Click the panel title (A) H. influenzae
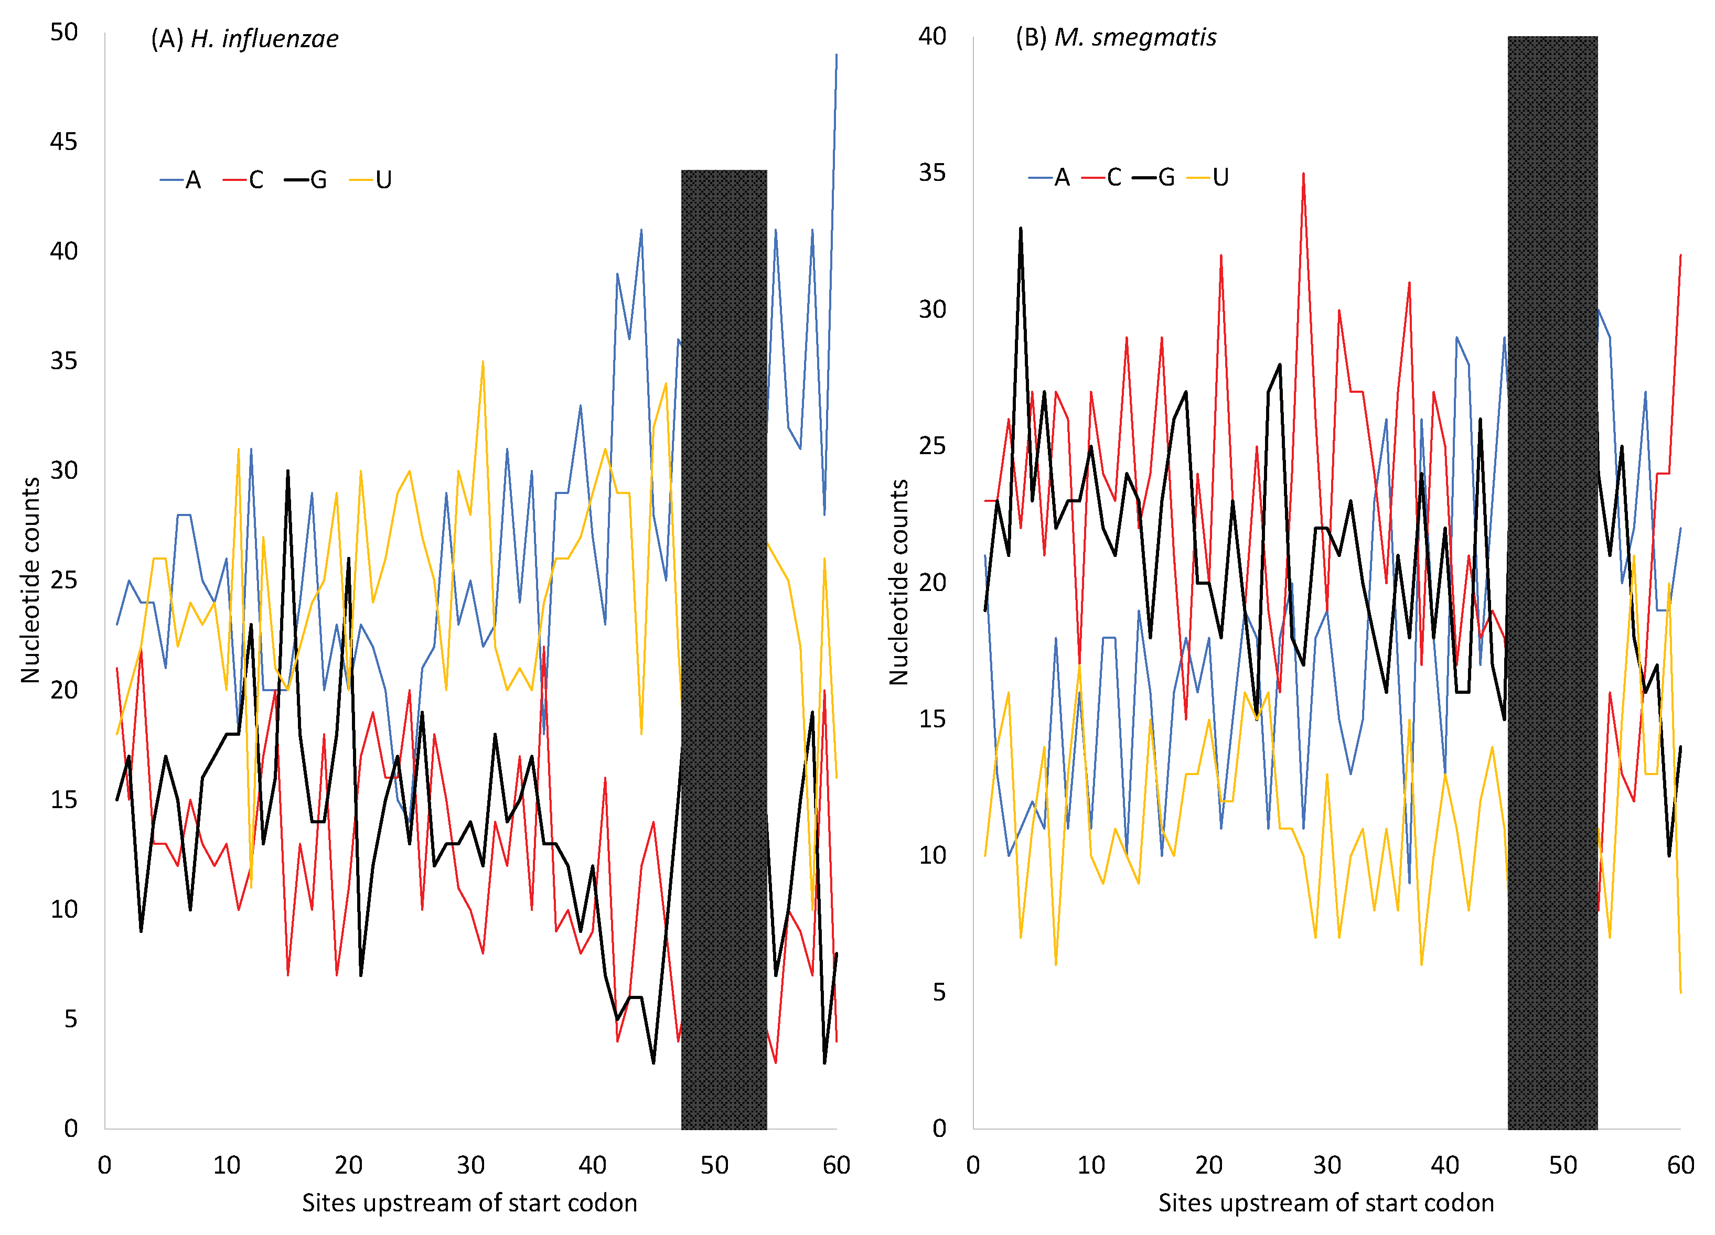(x=244, y=39)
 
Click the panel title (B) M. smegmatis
(x=1116, y=37)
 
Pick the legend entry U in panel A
(x=371, y=180)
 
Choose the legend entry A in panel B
(x=1049, y=178)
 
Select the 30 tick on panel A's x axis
(x=470, y=1165)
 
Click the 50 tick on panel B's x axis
(x=1562, y=1165)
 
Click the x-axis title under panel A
(x=469, y=1202)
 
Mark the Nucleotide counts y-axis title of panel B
(x=898, y=582)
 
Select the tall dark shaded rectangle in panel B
(x=1552, y=582)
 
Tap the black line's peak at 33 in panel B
(x=1021, y=228)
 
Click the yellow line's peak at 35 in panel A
(x=483, y=361)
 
